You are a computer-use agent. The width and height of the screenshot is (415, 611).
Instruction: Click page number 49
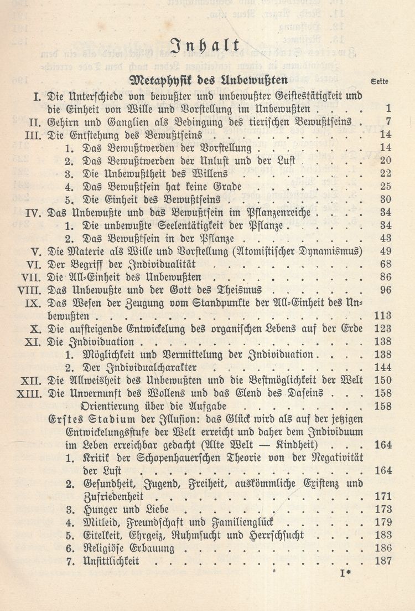pyautogui.click(x=386, y=251)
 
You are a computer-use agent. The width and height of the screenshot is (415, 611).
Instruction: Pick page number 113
pyautogui.click(x=382, y=316)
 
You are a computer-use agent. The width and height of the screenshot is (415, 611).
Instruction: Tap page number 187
pyautogui.click(x=382, y=561)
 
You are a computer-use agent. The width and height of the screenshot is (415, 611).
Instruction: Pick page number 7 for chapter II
pyautogui.click(x=389, y=121)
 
